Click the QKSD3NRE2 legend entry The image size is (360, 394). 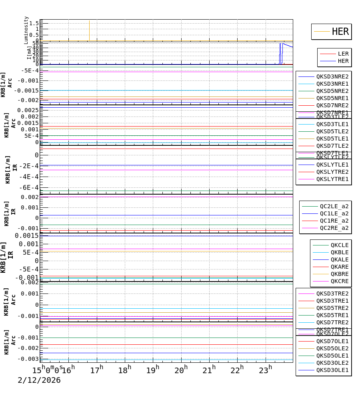pos(332,76)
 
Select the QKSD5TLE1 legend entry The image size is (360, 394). pos(332,139)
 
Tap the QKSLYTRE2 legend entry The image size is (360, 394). pos(332,172)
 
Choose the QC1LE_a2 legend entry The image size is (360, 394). pos(334,213)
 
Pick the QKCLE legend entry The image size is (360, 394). pos(339,245)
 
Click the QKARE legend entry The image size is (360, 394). pos(339,267)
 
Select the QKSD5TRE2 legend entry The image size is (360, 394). pos(332,308)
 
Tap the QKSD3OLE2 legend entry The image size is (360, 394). pos(332,363)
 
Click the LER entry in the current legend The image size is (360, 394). pos(343,54)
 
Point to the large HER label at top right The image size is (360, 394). pos(340,32)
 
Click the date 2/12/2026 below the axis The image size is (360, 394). pos(39,380)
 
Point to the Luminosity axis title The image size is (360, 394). pos(26,30)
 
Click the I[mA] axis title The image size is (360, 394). pos(29,52)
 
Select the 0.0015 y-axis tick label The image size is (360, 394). pos(27,235)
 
